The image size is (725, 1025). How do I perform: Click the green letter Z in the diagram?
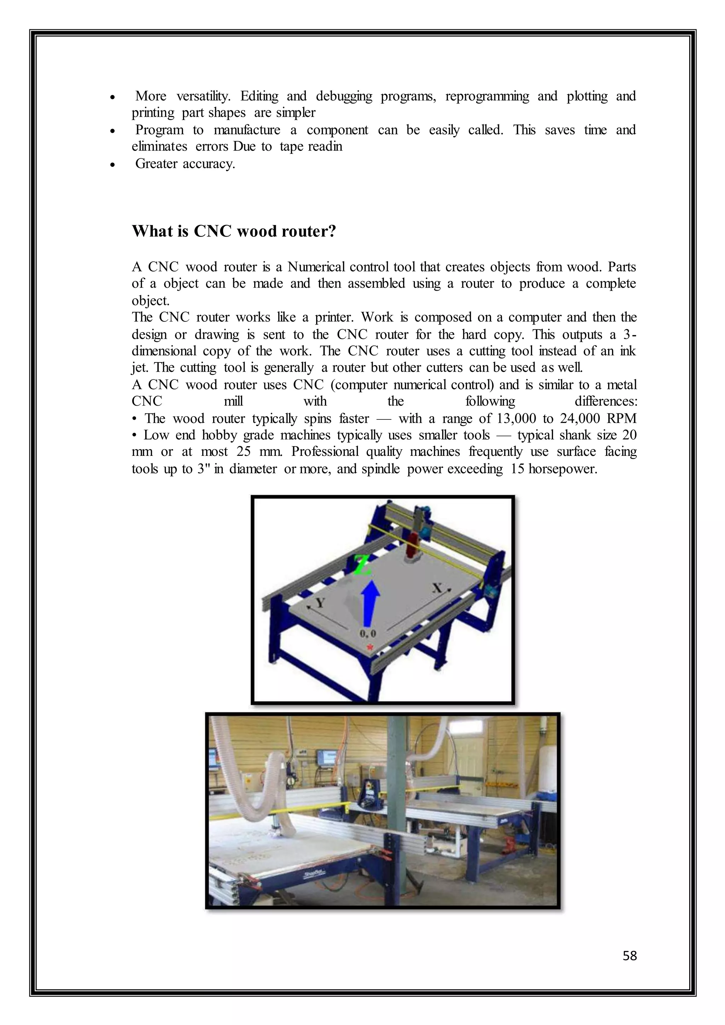(363, 566)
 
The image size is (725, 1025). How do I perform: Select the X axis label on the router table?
(438, 588)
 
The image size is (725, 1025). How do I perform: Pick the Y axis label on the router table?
(319, 603)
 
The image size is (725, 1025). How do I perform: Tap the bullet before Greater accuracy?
(113, 165)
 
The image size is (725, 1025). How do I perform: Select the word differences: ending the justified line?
(606, 401)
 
